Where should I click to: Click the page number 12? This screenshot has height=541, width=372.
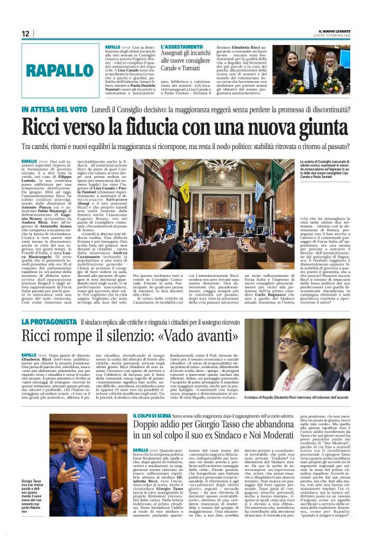point(26,33)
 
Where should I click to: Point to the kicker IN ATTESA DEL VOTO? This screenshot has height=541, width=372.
point(54,110)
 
